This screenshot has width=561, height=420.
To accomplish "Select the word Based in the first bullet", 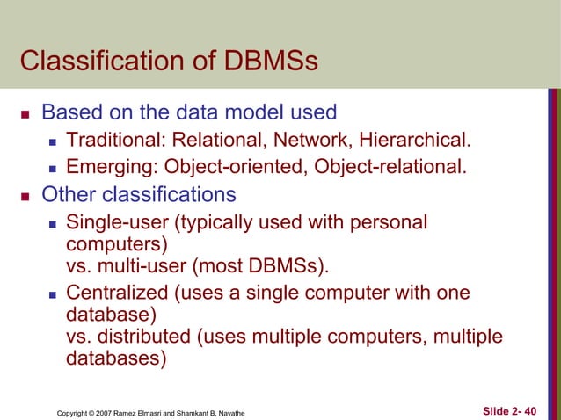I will click(71, 112).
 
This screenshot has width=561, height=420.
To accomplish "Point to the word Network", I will click(310, 140).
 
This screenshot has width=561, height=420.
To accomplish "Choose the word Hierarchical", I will click(413, 140).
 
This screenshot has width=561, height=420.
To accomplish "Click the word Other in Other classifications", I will click(68, 194).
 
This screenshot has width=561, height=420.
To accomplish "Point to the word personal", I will click(390, 222).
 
